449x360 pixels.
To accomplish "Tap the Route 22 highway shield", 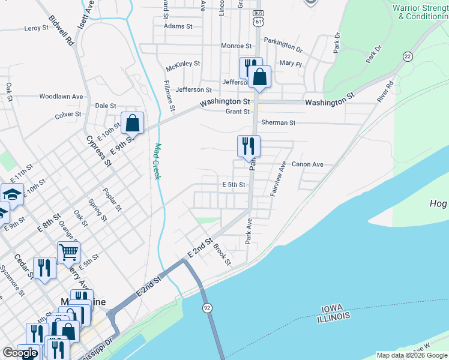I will coord(408,56).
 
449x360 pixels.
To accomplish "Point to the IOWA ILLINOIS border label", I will coord(332,313).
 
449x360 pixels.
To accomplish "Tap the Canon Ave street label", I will coord(307,164).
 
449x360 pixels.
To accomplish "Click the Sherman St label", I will coord(278,122).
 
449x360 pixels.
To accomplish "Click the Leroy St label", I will coord(36,28).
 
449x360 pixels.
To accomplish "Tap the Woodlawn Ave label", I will coord(61,96).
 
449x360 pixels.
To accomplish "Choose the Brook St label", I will coord(223,253).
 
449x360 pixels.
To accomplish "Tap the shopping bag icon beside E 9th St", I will coord(132,123).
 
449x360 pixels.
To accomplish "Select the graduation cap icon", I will coord(12,194).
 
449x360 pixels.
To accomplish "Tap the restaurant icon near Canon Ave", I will coord(248,146).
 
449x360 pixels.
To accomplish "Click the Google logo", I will coord(20,353).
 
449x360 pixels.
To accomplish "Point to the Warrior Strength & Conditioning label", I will coord(420,12).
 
